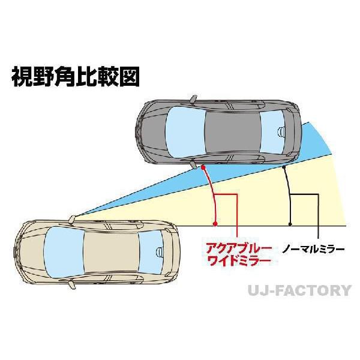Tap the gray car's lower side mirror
[x=193, y=164]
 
